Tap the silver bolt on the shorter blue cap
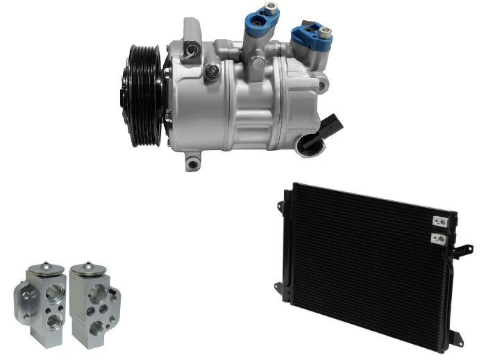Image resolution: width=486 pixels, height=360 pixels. (x=325, y=31)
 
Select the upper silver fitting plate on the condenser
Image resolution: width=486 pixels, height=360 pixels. (x=437, y=222)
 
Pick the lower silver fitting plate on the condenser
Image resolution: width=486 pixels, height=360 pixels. (x=437, y=238)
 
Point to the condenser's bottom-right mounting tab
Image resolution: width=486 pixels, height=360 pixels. (x=455, y=338)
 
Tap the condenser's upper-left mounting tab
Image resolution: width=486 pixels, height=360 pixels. (x=281, y=206)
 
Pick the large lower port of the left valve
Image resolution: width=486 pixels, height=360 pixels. (x=52, y=320)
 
